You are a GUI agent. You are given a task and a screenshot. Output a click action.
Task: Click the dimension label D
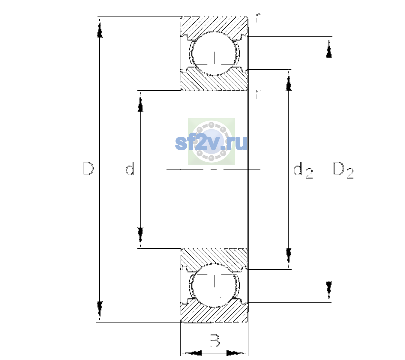click(88, 169)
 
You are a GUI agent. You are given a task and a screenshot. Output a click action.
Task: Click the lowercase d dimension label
click(130, 169)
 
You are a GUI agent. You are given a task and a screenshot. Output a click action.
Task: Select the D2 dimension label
click(343, 170)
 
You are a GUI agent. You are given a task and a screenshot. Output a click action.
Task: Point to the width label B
click(214, 340)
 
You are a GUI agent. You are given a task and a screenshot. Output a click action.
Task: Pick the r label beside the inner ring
click(258, 94)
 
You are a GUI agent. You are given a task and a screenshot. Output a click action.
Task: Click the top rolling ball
click(214, 53)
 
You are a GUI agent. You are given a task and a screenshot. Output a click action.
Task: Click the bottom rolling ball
click(214, 285)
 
